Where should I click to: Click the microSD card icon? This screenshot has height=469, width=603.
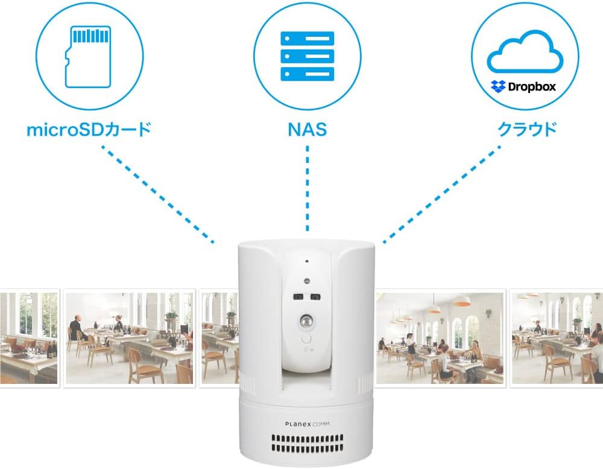[88, 57]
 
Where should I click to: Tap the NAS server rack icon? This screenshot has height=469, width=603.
[307, 56]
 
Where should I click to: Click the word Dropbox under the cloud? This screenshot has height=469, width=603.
[531, 87]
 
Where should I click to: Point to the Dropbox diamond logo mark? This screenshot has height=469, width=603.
[498, 87]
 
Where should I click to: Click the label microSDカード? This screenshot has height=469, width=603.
[88, 130]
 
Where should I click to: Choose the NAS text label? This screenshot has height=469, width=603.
[307, 130]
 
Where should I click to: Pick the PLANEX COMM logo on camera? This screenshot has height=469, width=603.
[308, 424]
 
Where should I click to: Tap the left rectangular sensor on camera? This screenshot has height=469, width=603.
[298, 296]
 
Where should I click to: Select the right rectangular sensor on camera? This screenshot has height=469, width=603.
[315, 296]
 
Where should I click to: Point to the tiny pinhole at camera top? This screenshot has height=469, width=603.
[307, 262]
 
